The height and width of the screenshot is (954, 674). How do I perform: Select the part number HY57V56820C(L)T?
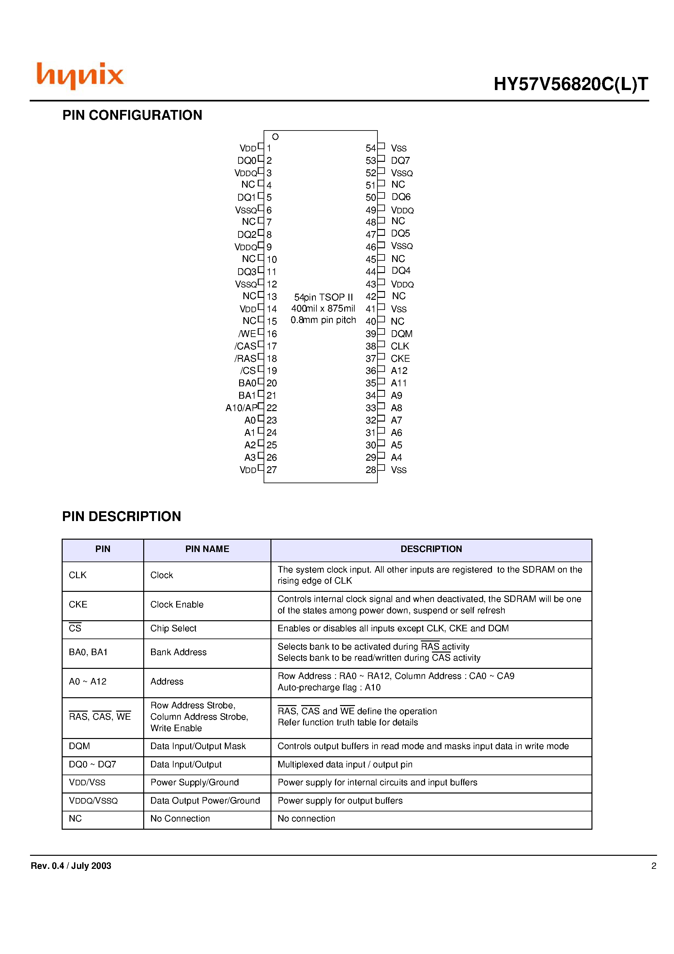(570, 85)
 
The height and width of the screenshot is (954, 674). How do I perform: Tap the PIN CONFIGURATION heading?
(132, 115)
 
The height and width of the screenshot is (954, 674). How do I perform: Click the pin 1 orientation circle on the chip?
(275, 137)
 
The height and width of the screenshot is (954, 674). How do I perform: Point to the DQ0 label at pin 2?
(246, 161)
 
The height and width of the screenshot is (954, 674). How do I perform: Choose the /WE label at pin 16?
(247, 334)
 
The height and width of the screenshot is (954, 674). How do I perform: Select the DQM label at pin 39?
(401, 334)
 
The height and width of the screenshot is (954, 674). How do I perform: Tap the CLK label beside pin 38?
(400, 346)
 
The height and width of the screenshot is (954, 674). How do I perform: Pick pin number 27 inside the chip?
(272, 470)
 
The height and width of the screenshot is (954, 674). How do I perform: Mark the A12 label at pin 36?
(399, 371)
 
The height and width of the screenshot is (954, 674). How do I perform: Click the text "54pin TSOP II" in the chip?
(323, 297)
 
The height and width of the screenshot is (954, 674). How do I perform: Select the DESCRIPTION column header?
(431, 549)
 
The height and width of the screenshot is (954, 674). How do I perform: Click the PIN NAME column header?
(207, 549)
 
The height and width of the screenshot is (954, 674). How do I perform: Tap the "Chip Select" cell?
(173, 628)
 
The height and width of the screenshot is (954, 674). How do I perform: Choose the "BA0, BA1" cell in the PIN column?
(88, 652)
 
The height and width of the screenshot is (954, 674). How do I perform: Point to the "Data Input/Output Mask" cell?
(198, 746)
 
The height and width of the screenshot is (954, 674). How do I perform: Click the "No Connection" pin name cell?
(180, 819)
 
